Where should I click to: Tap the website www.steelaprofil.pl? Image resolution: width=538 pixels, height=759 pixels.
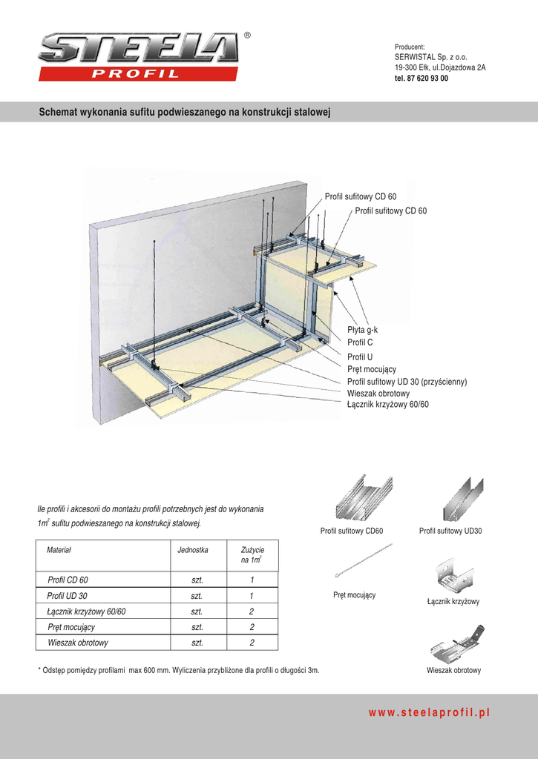[430, 712]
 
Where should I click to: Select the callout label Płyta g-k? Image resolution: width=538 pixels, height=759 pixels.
[363, 330]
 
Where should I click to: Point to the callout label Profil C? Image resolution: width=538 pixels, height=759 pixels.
[360, 342]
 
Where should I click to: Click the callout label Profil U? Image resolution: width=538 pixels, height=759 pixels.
[360, 357]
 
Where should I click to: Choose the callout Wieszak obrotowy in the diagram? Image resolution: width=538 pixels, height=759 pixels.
[378, 394]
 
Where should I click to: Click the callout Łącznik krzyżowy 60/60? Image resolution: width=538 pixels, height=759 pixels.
[387, 405]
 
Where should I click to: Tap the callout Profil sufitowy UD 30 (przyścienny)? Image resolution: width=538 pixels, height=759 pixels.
[407, 382]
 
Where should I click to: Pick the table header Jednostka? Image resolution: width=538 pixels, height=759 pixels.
[193, 551]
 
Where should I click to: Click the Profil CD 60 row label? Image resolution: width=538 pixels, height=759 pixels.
[68, 580]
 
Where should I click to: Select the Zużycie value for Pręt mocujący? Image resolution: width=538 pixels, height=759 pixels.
[252, 627]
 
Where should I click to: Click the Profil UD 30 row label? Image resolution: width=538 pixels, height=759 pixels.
[67, 596]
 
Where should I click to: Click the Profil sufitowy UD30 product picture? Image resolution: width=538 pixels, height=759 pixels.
[462, 499]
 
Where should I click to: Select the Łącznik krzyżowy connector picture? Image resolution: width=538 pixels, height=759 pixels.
[454, 575]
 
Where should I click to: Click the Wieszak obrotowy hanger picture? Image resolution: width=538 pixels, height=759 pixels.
[457, 643]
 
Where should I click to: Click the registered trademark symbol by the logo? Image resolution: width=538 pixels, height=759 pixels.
[247, 36]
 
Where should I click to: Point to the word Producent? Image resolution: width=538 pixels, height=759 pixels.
[409, 47]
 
